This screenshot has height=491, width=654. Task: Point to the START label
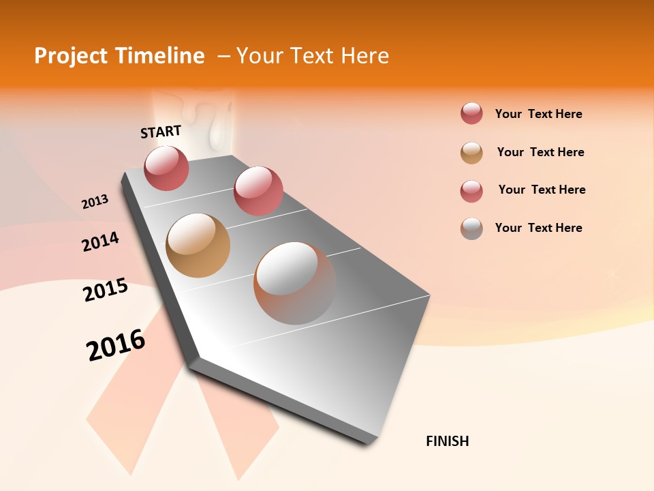click(161, 132)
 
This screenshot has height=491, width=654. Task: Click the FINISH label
click(447, 441)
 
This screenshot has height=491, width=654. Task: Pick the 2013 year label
click(95, 202)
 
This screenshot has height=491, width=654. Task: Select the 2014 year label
click(100, 241)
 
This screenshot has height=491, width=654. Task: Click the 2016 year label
click(116, 344)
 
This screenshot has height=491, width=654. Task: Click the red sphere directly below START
click(166, 168)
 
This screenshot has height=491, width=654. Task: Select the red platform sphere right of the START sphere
click(258, 190)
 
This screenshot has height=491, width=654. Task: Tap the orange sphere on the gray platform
click(198, 245)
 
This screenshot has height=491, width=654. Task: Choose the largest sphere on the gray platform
click(295, 282)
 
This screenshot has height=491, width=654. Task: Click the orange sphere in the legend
click(471, 153)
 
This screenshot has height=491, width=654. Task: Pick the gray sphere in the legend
click(471, 228)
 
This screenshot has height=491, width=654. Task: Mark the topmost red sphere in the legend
click(471, 113)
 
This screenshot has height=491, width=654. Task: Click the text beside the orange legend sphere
click(540, 152)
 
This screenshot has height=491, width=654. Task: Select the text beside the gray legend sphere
click(538, 228)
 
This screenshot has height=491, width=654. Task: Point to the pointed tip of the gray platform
click(371, 442)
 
